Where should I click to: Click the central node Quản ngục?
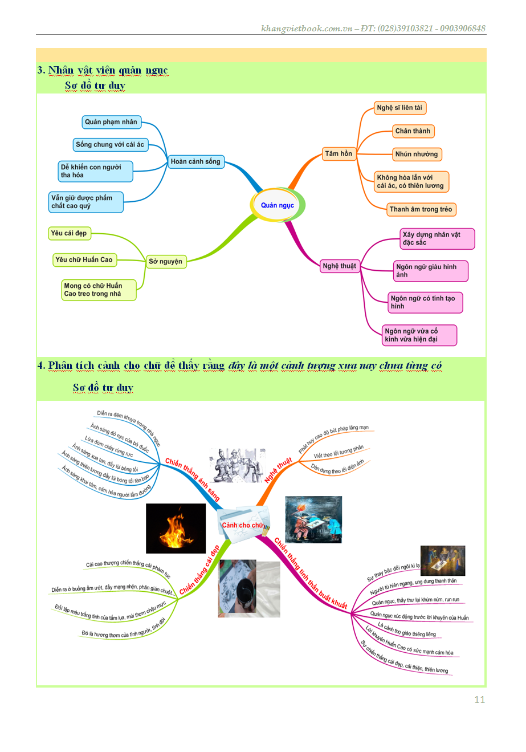(x=278, y=205)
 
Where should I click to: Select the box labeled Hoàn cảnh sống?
(x=195, y=162)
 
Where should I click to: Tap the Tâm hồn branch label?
(x=339, y=154)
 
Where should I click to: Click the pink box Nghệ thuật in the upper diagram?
(x=339, y=266)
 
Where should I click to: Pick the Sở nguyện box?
(x=166, y=262)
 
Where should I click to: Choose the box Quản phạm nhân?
(x=111, y=122)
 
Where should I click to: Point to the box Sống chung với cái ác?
(x=110, y=145)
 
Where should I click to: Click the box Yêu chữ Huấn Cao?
(x=84, y=260)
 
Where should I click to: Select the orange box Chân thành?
(x=413, y=131)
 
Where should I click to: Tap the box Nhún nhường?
(x=417, y=155)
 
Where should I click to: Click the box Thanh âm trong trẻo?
(x=421, y=209)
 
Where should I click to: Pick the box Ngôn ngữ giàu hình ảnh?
(x=430, y=271)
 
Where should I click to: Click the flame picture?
(x=176, y=529)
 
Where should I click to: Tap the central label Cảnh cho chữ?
(x=243, y=525)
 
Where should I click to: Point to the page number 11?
(x=479, y=700)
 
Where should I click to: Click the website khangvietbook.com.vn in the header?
(x=307, y=29)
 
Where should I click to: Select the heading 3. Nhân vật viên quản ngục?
(x=103, y=71)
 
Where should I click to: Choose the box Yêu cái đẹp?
(x=69, y=233)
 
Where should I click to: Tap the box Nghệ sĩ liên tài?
(x=399, y=108)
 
